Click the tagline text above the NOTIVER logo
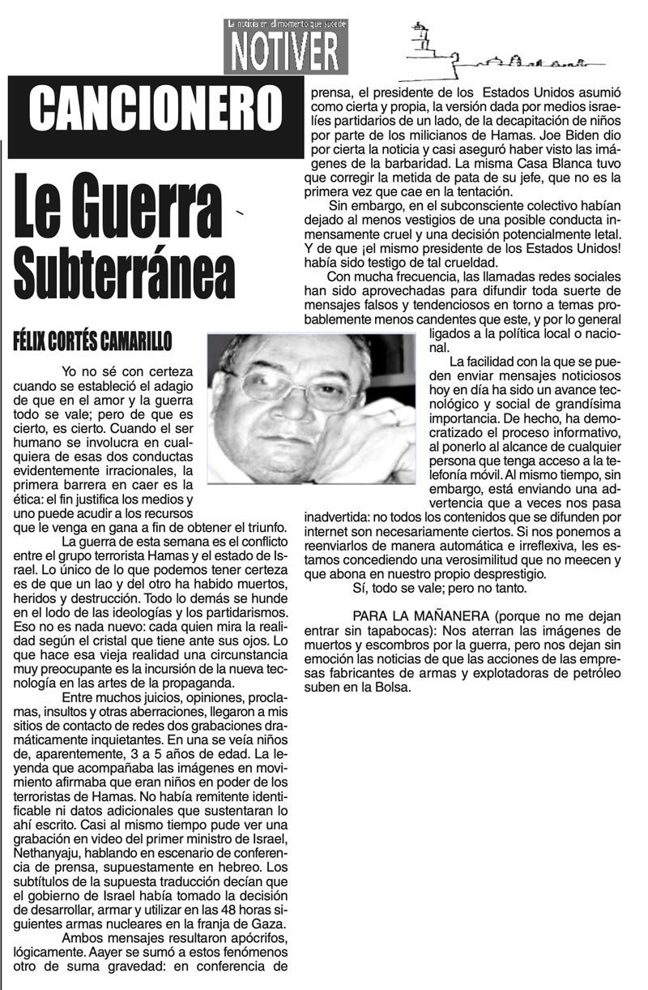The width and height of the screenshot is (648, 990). [x=287, y=24]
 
